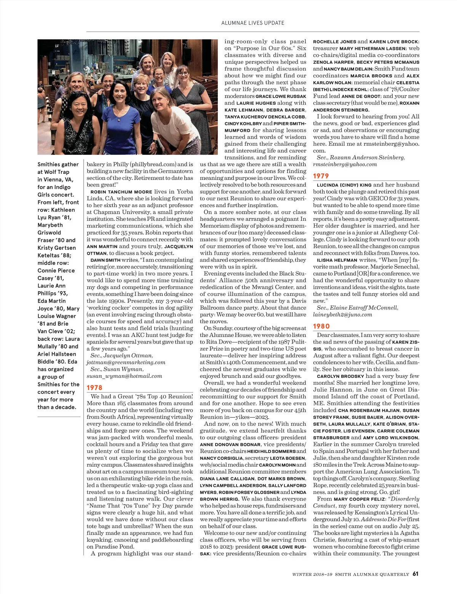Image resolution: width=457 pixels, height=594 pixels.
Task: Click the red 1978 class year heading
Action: click(94, 387)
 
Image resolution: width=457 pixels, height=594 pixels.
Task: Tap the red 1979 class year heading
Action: click(321, 176)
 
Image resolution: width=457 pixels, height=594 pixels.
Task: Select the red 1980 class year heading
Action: click(321, 326)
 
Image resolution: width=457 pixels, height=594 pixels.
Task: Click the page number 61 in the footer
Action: click(415, 574)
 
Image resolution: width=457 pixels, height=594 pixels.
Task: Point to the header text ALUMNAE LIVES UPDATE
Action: click(253, 23)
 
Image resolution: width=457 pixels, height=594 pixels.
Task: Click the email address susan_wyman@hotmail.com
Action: click(124, 376)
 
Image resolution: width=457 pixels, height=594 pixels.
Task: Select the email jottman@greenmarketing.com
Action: click(126, 362)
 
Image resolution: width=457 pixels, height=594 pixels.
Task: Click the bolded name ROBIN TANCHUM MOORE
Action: click(121, 192)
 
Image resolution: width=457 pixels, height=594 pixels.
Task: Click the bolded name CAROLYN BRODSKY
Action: click(340, 376)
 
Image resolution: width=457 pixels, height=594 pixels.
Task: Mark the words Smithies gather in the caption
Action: click(58, 164)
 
